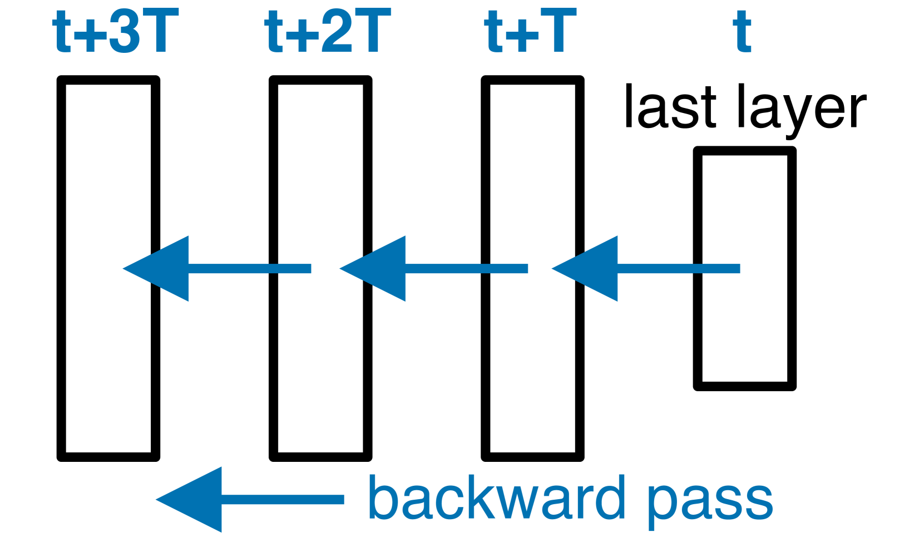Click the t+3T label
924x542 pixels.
point(116,32)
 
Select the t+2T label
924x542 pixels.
point(328,32)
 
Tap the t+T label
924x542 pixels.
point(530,32)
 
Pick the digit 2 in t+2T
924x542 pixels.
point(338,32)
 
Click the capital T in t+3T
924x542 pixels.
point(161,32)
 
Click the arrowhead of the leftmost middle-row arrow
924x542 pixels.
point(161,269)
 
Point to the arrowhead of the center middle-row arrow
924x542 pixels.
point(378,269)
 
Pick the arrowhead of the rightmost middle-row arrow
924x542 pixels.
point(590,269)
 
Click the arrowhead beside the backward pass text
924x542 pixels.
point(195,500)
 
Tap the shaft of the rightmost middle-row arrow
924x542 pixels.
point(679,269)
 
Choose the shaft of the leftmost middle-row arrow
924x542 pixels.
point(250,269)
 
